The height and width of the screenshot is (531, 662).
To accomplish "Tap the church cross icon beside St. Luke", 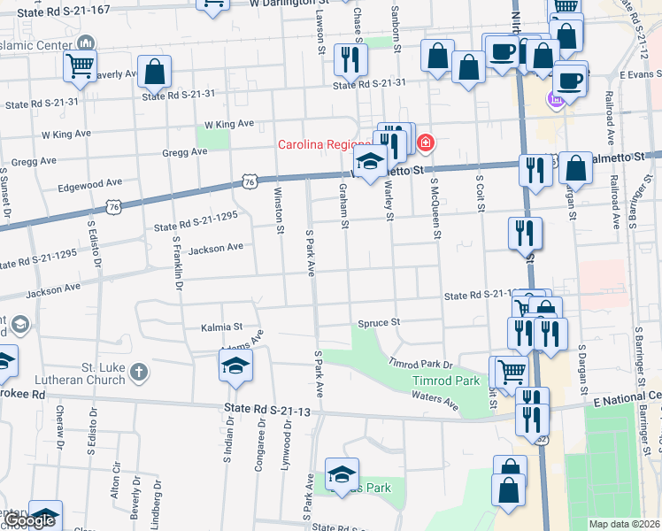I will tap(138, 373).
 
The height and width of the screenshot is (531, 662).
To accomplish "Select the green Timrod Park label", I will tap(446, 381).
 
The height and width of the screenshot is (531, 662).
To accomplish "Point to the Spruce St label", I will tap(379, 322).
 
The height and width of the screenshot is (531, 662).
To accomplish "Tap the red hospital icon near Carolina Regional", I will tap(426, 142).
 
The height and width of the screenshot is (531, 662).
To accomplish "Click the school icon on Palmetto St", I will tap(370, 161).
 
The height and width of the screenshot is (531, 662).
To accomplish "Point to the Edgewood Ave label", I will tap(89, 186).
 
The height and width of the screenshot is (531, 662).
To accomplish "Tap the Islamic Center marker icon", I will tap(87, 42).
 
